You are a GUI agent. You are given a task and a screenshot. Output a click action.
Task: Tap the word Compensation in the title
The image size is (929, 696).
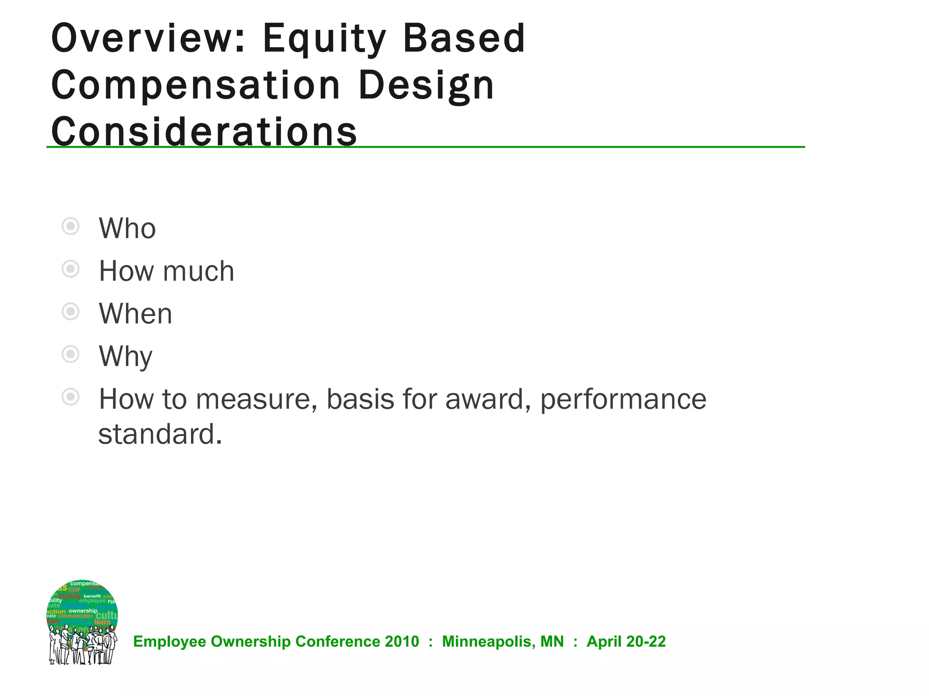(x=196, y=86)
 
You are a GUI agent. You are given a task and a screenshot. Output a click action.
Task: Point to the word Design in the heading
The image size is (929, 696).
(x=426, y=87)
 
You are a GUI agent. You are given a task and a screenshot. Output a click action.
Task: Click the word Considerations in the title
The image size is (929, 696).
(x=204, y=132)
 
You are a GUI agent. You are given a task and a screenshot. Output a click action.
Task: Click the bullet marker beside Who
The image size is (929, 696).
(x=70, y=226)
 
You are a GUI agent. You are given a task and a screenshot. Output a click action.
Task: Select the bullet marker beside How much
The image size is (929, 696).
(x=70, y=269)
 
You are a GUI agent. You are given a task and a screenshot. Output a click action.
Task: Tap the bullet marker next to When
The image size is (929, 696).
(x=70, y=312)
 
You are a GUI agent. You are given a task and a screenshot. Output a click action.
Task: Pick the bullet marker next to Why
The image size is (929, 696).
(x=70, y=354)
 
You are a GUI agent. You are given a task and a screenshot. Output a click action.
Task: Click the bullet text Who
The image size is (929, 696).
(x=127, y=228)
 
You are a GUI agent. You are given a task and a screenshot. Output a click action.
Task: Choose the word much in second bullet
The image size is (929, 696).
(x=198, y=271)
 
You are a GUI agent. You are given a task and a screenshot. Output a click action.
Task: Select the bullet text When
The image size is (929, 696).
(x=136, y=314)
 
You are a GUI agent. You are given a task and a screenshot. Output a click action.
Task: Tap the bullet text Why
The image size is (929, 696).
(x=126, y=357)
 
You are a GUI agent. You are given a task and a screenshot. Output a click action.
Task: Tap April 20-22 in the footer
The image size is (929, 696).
(x=626, y=642)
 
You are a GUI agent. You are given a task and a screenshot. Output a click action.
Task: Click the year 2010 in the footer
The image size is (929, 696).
(x=402, y=642)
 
